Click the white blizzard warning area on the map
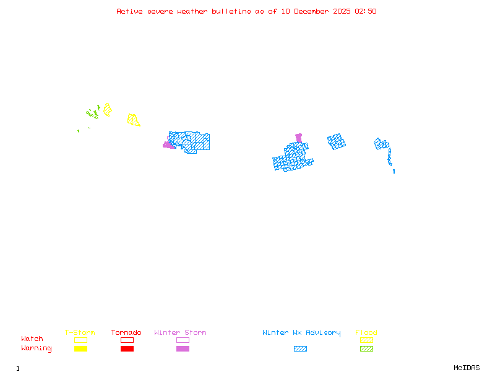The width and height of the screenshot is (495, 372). [392, 168]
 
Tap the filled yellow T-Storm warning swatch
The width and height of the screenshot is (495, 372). [80, 349]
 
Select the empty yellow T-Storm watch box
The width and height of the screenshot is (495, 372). [80, 340]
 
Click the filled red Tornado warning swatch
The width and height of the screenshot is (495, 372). [127, 349]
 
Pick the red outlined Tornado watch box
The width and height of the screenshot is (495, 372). [127, 340]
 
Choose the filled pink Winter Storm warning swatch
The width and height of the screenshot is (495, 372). [183, 349]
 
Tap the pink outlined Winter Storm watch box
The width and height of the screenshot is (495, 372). [183, 340]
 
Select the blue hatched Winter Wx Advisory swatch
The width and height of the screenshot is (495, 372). [300, 349]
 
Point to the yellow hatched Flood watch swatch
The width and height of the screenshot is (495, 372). [366, 340]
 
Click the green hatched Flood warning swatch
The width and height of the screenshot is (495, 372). [366, 349]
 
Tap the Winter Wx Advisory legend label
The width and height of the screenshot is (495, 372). [301, 333]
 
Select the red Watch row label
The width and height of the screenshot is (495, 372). [32, 339]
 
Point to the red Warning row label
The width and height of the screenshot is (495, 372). [36, 348]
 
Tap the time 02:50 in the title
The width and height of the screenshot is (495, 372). [366, 11]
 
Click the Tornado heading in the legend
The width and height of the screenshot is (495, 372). [126, 333]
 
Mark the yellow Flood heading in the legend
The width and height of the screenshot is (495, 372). [366, 333]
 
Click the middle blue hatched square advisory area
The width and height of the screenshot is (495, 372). [336, 141]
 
